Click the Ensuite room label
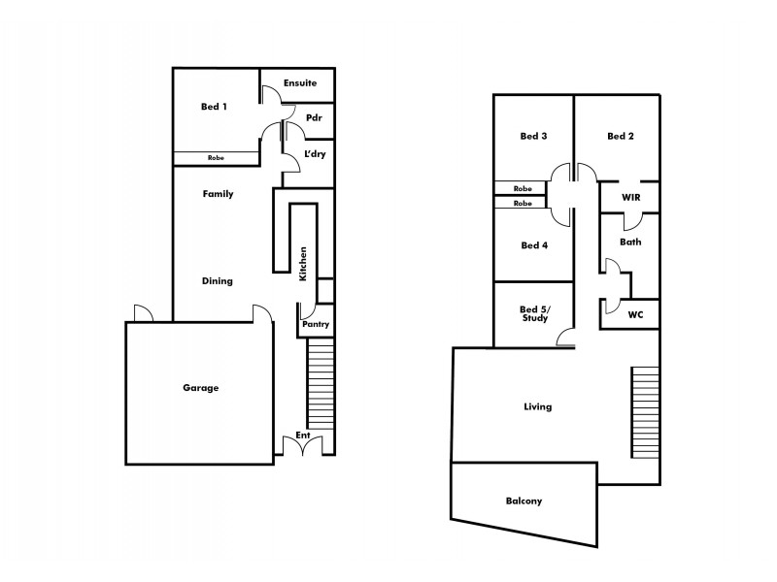(x=300, y=83)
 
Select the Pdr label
(x=314, y=118)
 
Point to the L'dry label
(x=315, y=154)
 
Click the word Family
(x=218, y=194)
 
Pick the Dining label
(x=217, y=281)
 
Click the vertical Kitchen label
(x=303, y=264)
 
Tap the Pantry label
(x=316, y=324)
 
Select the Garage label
(x=200, y=388)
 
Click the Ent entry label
(x=304, y=436)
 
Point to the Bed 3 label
(x=533, y=136)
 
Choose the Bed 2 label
(x=620, y=136)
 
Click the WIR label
(x=631, y=197)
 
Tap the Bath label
(x=630, y=242)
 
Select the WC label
(x=637, y=314)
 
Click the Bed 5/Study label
(x=534, y=312)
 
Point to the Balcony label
(x=524, y=501)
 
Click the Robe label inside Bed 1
(x=217, y=158)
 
